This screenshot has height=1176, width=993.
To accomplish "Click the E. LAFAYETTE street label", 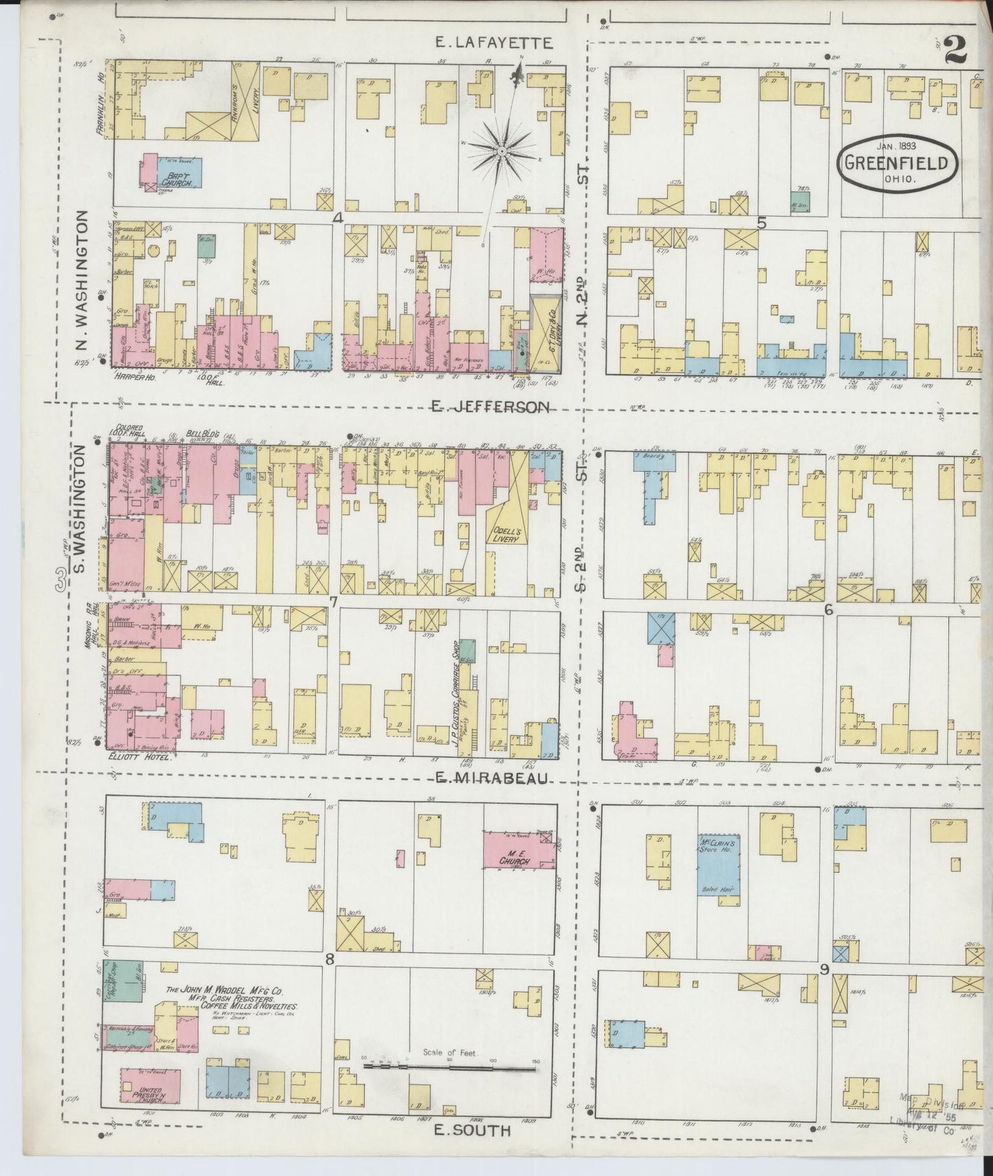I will coord(494,43).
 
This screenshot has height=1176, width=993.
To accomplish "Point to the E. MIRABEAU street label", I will coord(490,778).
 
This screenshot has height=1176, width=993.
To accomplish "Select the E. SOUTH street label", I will coord(473,1129).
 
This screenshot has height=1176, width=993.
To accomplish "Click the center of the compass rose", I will coord(502,150).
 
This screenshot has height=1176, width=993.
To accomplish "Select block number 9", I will coord(824,970).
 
